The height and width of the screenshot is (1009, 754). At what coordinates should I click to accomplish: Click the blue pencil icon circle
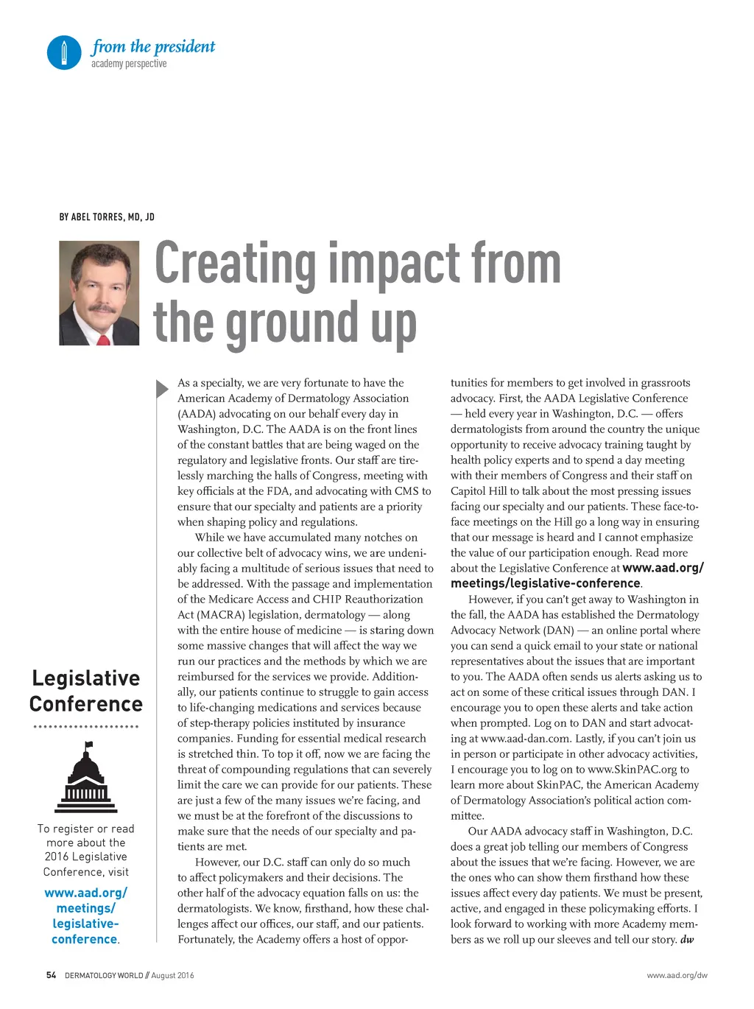(64, 52)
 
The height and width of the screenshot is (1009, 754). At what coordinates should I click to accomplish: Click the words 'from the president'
(153, 46)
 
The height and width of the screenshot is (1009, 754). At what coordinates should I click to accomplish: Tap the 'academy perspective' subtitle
(129, 64)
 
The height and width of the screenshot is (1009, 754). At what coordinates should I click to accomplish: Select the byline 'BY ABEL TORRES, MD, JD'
(107, 217)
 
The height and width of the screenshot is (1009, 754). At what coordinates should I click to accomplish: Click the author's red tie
(104, 339)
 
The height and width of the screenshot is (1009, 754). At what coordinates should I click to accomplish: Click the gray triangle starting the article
(162, 388)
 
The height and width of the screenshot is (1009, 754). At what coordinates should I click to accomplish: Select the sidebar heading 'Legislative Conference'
(86, 691)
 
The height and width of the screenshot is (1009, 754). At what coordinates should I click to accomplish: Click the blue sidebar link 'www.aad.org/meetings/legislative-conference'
(85, 916)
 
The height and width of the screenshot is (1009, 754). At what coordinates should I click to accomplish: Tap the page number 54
(51, 975)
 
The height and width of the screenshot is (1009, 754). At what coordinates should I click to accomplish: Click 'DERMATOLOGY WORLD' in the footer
(104, 975)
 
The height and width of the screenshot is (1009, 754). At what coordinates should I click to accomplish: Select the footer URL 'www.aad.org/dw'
(677, 975)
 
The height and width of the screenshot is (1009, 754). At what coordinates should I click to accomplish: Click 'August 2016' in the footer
(173, 975)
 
